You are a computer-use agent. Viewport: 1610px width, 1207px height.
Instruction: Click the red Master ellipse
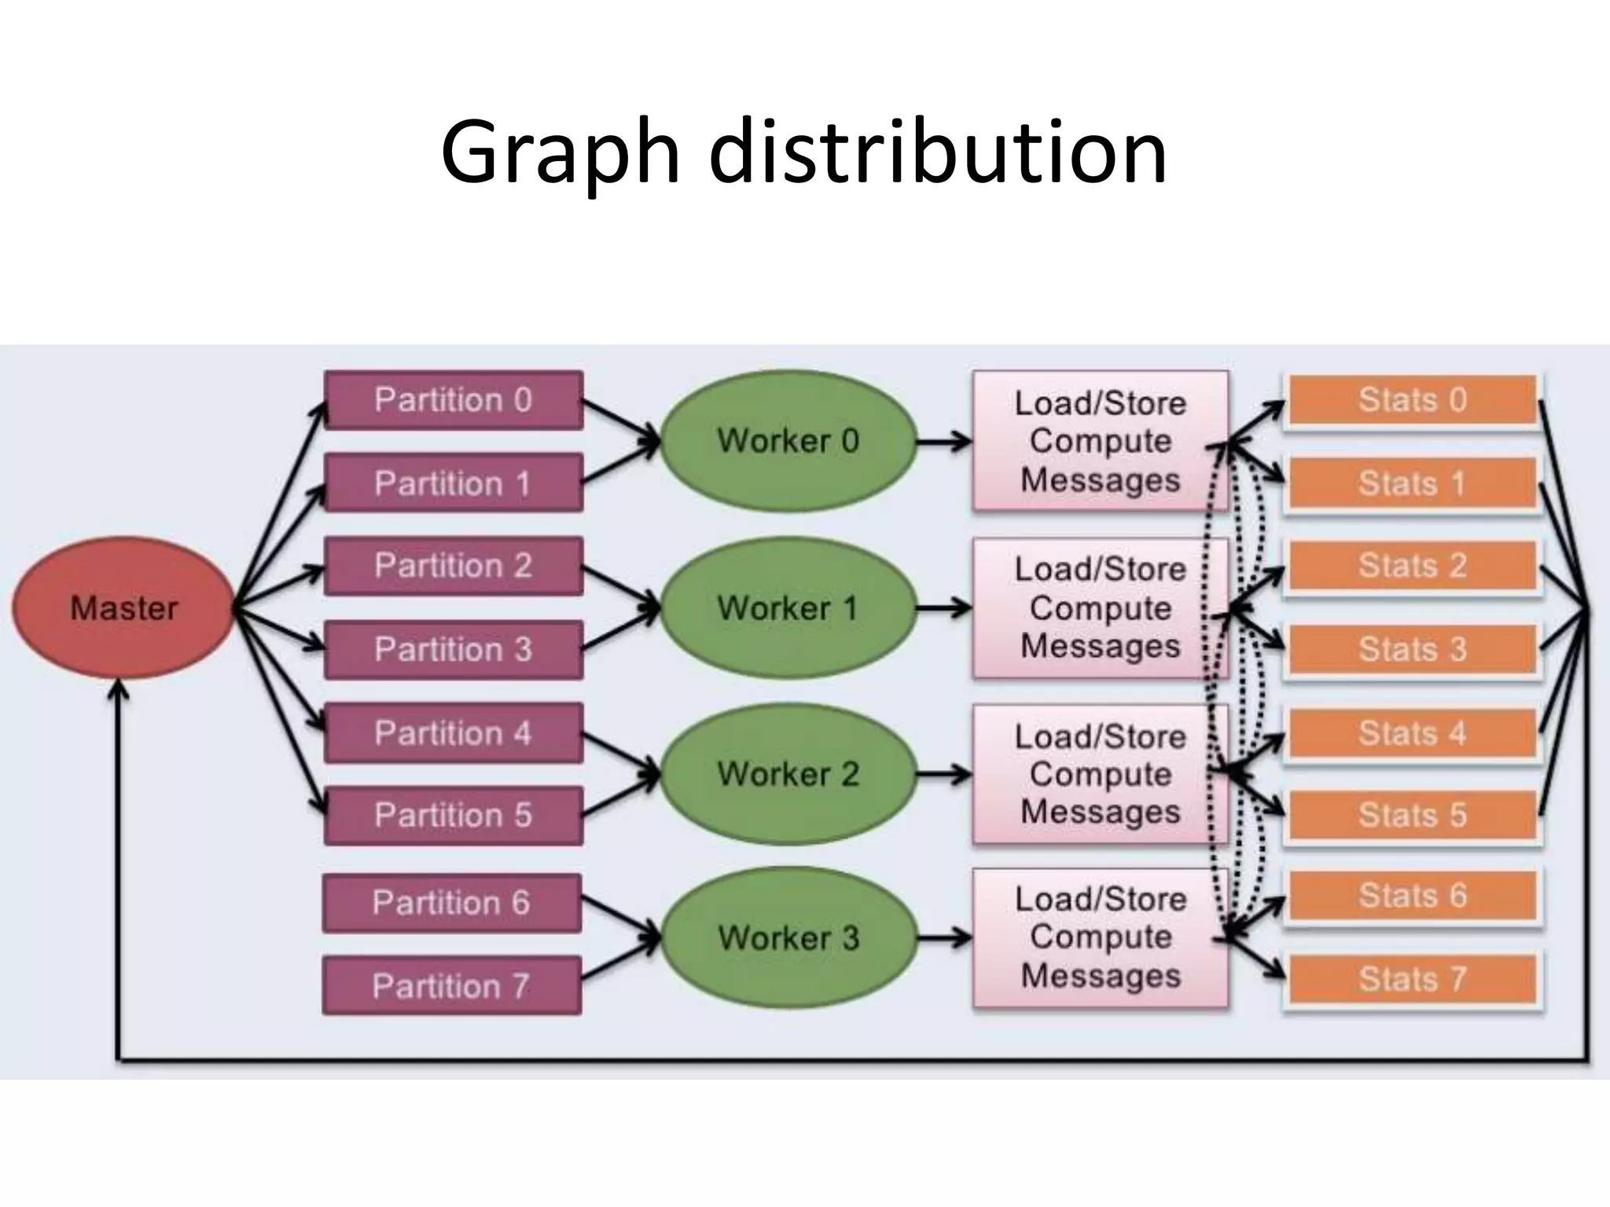[x=123, y=608]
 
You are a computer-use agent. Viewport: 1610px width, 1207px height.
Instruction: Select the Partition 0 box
[x=453, y=400]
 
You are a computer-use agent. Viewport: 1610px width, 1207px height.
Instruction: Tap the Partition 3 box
[x=453, y=650]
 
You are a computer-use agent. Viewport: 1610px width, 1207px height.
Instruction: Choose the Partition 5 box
[x=453, y=816]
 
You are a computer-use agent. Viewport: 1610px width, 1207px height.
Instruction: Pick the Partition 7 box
[x=451, y=985]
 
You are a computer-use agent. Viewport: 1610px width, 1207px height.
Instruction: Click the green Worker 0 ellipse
[x=788, y=441]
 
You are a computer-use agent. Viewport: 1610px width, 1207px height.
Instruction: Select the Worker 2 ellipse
[x=788, y=774]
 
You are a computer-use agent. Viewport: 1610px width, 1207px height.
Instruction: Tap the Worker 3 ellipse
[x=788, y=938]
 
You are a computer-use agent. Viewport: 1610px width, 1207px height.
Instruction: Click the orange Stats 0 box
[x=1413, y=400]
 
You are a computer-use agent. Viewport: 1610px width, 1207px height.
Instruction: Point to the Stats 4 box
[x=1413, y=733]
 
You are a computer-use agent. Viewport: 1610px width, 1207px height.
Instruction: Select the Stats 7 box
[x=1413, y=979]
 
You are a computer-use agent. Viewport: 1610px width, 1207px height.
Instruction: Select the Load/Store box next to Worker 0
[x=1099, y=441]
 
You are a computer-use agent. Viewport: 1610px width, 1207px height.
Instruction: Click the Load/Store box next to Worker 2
[x=1099, y=774]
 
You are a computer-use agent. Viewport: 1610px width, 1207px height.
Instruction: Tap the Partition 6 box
[x=451, y=903]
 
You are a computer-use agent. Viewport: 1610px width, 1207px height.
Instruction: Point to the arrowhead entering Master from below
[x=118, y=690]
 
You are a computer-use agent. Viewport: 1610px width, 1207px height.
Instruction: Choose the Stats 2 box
[x=1413, y=566]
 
